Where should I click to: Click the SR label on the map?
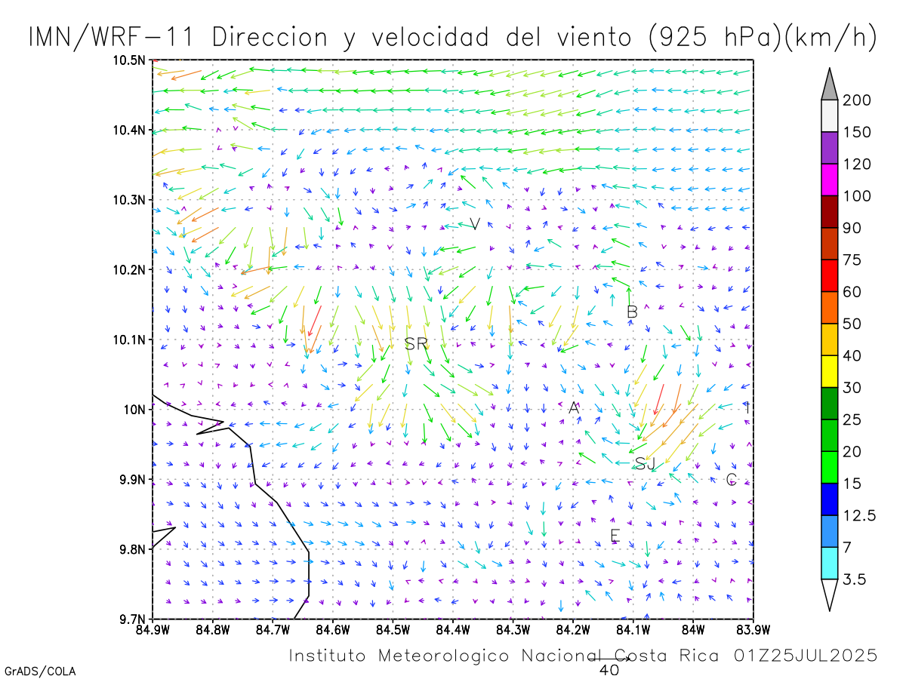(x=416, y=344)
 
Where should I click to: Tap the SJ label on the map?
(x=645, y=464)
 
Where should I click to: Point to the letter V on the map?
(x=475, y=224)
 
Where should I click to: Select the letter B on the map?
(x=633, y=312)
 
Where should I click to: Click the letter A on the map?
(x=574, y=408)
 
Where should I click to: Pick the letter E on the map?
(x=615, y=536)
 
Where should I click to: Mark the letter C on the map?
(x=731, y=480)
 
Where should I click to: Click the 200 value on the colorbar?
(x=857, y=100)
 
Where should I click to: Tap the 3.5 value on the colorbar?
(x=855, y=579)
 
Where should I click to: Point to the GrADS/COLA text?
(x=40, y=671)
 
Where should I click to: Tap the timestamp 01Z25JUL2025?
(x=806, y=655)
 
